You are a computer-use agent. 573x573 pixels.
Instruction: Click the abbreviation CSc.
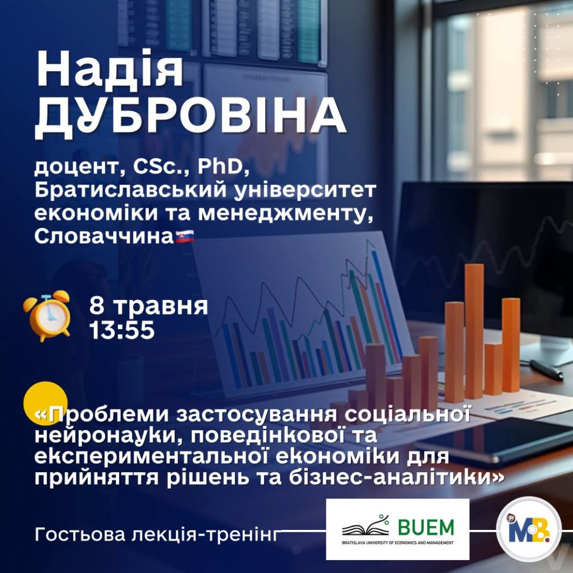click(162, 167)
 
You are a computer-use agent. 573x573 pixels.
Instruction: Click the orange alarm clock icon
click(47, 316)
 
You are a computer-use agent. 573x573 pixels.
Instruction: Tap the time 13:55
click(122, 330)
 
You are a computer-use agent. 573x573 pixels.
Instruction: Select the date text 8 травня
click(148, 306)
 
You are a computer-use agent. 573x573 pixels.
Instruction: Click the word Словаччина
click(104, 237)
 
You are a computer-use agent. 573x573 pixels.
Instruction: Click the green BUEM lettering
click(426, 527)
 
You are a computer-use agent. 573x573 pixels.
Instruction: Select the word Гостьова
click(80, 534)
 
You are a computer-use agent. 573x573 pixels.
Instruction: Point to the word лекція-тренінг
click(204, 534)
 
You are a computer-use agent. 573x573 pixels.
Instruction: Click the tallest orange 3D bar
click(475, 331)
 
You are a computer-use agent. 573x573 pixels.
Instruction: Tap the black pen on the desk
click(546, 370)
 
